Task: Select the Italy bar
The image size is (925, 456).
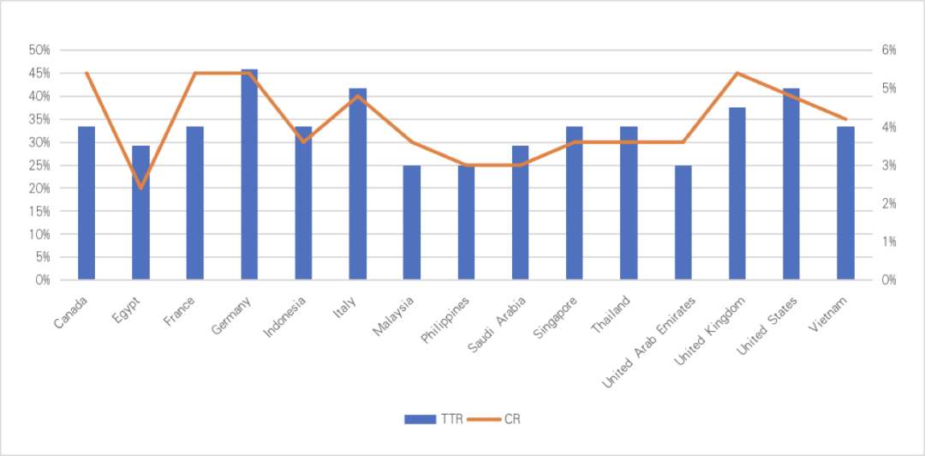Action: [x=358, y=183]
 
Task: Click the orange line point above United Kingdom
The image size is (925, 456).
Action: [x=737, y=73]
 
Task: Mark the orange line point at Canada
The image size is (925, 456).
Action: [x=87, y=73]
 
